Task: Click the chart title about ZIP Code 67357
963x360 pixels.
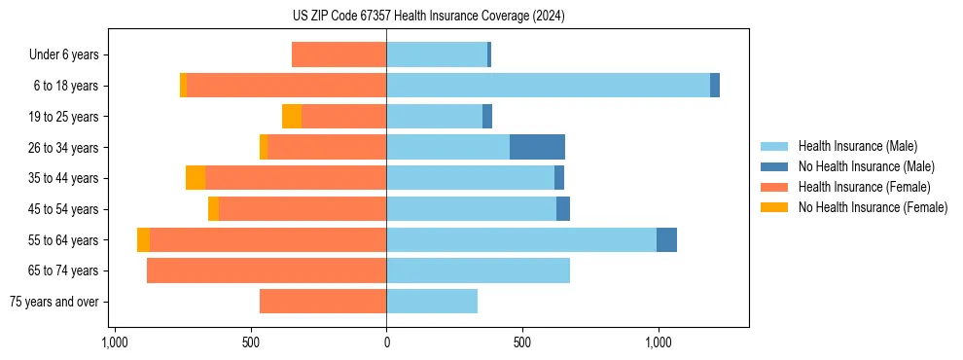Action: [428, 17]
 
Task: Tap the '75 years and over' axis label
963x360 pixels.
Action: [54, 302]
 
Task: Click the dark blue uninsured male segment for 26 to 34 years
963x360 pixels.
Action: [537, 147]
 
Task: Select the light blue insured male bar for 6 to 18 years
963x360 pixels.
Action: [548, 86]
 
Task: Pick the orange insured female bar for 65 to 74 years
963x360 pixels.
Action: [267, 270]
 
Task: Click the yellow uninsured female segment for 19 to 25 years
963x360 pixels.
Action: [292, 117]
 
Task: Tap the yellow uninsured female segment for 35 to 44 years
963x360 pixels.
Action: [196, 178]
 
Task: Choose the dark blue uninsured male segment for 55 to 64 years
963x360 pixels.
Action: [666, 239]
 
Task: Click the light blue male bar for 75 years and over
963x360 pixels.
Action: [432, 302]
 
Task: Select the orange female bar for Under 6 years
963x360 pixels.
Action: [339, 55]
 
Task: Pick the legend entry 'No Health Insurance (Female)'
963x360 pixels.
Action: [873, 207]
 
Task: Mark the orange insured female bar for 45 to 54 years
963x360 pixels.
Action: [303, 209]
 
